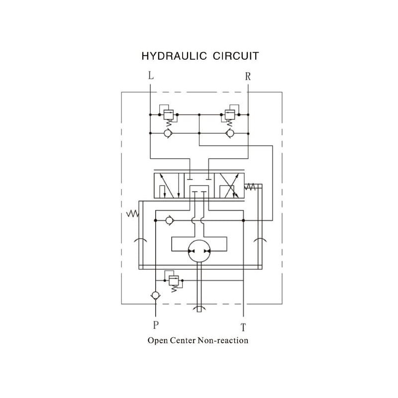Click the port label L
[151, 76]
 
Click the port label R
[248, 76]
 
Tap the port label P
[156, 325]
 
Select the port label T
[243, 327]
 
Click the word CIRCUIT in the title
[236, 56]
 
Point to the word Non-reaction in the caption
[223, 341]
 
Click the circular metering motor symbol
[199, 251]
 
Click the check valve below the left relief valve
[168, 133]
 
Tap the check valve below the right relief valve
[230, 133]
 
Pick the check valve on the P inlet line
[156, 296]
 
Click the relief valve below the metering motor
[174, 281]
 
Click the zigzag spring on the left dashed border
[132, 213]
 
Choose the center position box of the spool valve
[199, 186]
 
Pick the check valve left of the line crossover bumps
[169, 220]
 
